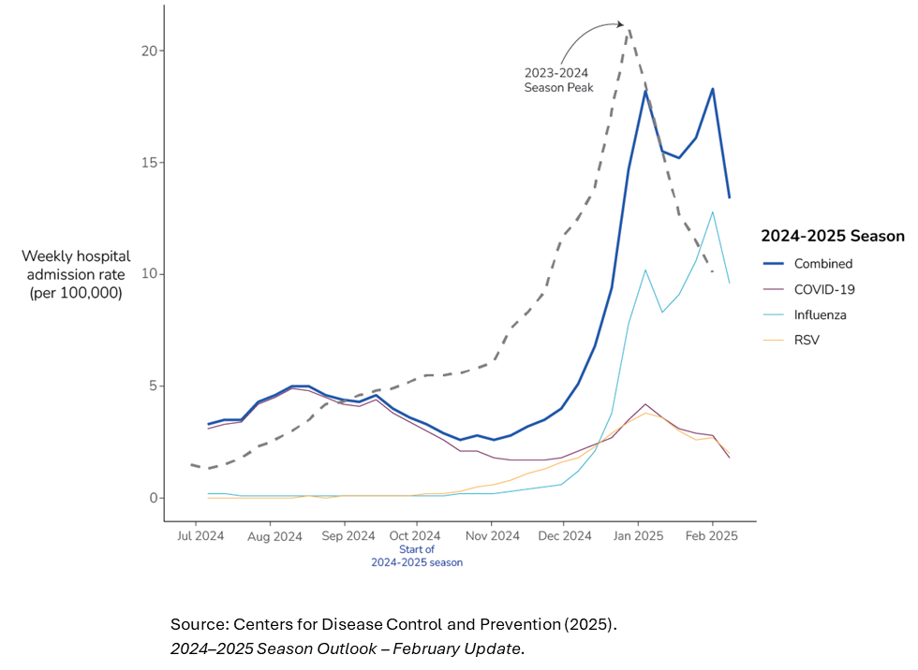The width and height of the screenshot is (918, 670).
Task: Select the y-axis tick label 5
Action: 150,386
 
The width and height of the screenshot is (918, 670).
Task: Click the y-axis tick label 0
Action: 150,498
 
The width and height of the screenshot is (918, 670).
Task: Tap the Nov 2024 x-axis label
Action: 492,536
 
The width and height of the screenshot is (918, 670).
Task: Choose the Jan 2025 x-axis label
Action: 638,536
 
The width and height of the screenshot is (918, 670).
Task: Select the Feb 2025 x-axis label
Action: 712,536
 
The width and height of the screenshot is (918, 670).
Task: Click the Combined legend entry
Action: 822,264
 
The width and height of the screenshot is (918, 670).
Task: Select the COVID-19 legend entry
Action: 824,289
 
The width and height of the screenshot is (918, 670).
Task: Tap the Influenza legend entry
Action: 820,314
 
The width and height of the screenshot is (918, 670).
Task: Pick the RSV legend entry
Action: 807,340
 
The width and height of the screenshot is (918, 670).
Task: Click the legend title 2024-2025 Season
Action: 832,236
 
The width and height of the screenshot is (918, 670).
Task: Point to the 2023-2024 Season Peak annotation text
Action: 558,80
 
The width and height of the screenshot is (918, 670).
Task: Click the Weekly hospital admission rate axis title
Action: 76,274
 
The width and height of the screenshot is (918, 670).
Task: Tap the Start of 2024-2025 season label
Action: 417,556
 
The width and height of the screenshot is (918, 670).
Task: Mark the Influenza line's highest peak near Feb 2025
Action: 713,211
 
